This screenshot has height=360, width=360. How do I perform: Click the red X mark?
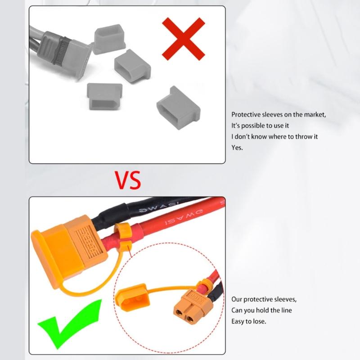[x=184, y=39]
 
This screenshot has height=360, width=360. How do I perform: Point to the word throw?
[x=294, y=136]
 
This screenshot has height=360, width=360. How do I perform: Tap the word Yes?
[x=237, y=147]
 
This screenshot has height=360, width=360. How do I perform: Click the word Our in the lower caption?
[x=237, y=299]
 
